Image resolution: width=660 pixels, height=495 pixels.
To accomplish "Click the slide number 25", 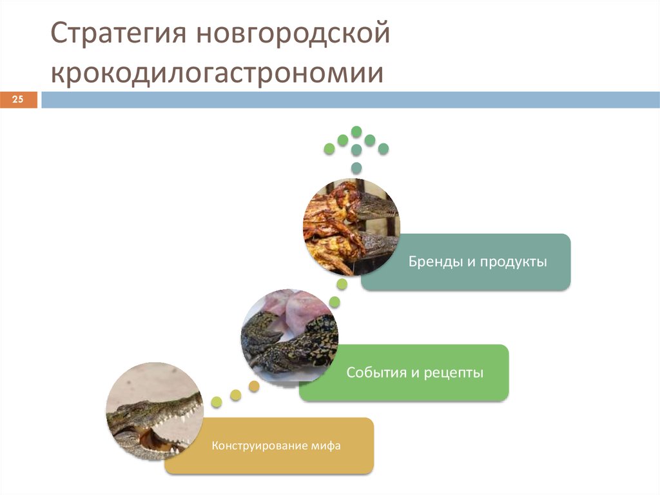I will [x=18, y=99].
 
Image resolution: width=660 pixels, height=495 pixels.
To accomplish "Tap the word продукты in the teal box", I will [x=512, y=263].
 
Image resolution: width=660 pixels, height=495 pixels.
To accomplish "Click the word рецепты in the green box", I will [x=453, y=372].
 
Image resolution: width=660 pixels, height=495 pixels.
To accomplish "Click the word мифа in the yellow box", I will [x=325, y=446].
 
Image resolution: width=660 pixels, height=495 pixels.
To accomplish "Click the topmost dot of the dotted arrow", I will [x=356, y=132].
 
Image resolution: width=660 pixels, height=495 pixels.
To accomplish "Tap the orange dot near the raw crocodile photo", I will [x=254, y=387].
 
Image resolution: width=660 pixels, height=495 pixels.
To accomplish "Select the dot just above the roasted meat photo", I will [x=356, y=168].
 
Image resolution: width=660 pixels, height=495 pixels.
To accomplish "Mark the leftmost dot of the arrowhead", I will [x=329, y=149].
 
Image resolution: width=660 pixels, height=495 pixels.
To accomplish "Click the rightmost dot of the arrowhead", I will [x=383, y=149].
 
